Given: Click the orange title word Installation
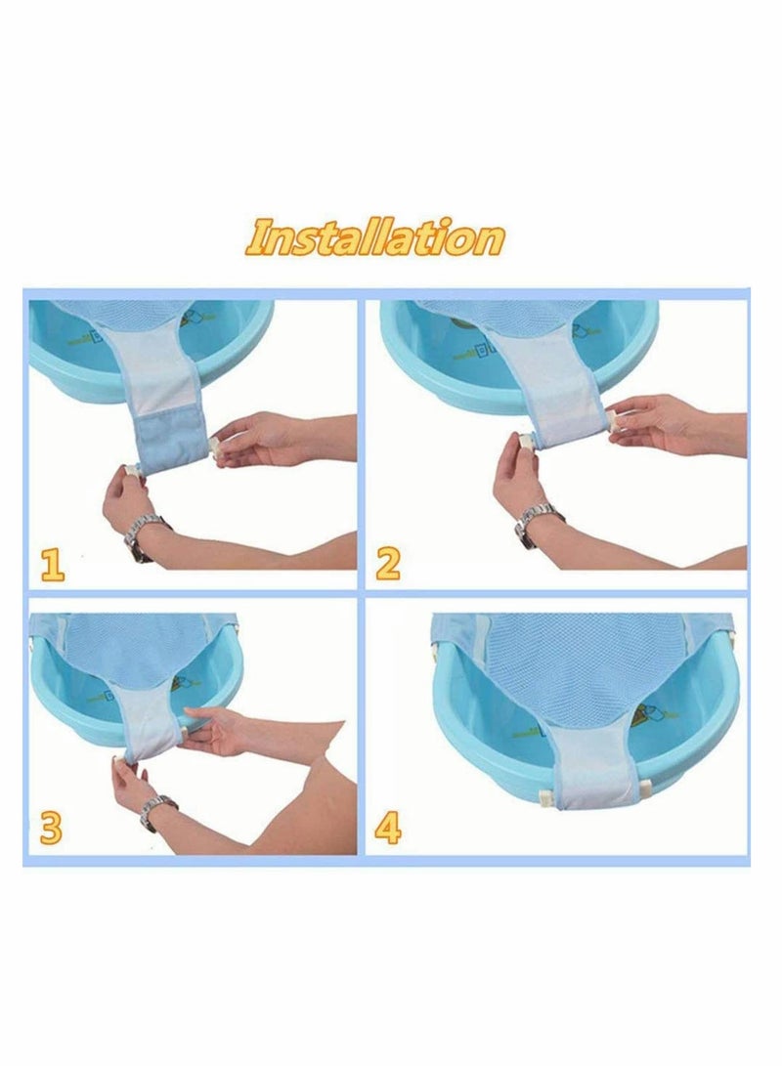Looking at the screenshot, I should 375,237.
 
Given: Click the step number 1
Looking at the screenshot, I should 52,564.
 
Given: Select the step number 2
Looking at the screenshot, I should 388,564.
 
